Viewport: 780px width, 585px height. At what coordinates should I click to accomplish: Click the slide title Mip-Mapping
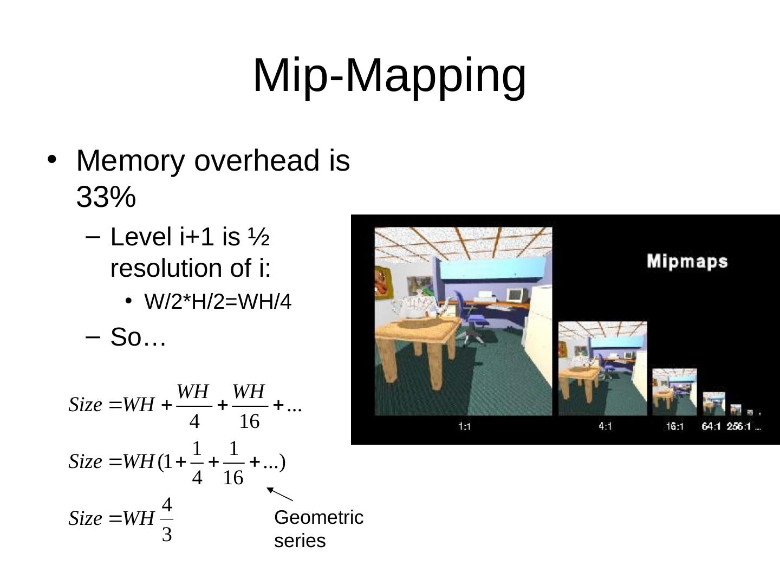tap(389, 75)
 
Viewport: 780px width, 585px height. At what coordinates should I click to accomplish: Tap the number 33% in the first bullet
tap(106, 197)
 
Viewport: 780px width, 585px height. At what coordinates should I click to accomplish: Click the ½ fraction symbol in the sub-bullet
tap(258, 237)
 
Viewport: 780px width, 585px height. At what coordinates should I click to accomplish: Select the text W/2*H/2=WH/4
tap(218, 302)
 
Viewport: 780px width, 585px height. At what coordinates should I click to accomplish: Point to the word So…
tap(138, 337)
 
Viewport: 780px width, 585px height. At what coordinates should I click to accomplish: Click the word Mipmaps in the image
tap(687, 261)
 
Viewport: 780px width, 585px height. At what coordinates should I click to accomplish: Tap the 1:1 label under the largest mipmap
tap(464, 426)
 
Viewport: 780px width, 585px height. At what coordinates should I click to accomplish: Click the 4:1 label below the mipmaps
tap(605, 426)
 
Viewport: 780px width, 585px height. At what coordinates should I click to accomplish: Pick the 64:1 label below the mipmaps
tap(711, 426)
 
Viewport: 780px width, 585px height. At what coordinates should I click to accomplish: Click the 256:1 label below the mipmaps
tap(739, 426)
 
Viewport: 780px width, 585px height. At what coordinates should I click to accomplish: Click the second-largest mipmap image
tap(602, 368)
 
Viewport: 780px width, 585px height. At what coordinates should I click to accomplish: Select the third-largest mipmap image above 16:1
tap(674, 392)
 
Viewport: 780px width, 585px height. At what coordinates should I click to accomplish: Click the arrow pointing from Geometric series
tap(280, 494)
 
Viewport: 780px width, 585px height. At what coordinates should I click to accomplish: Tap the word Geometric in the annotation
tap(318, 517)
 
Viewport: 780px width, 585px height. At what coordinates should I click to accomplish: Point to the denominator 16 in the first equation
tap(249, 421)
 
